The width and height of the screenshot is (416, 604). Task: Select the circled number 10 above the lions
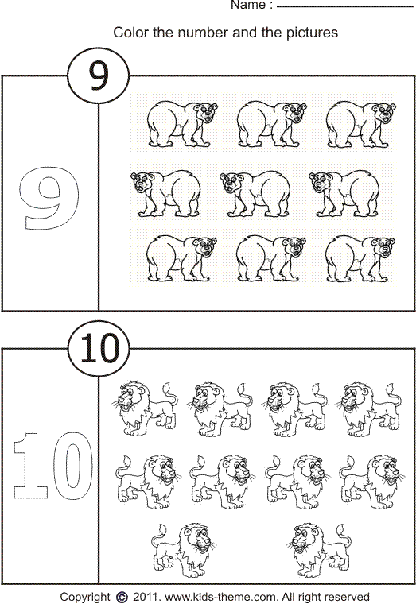pos(98,349)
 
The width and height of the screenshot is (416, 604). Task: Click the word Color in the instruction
pos(130,33)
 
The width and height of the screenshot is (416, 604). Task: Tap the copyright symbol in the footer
pos(122,596)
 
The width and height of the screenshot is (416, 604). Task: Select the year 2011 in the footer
pos(146,596)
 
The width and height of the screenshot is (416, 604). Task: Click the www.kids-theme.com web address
pos(215,596)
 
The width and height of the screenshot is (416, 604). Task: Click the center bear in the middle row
pos(255,193)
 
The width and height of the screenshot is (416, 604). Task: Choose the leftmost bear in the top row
pos(179,123)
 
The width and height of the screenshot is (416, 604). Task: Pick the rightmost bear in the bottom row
pos(360,256)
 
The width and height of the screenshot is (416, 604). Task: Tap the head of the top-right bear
pos(382,114)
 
